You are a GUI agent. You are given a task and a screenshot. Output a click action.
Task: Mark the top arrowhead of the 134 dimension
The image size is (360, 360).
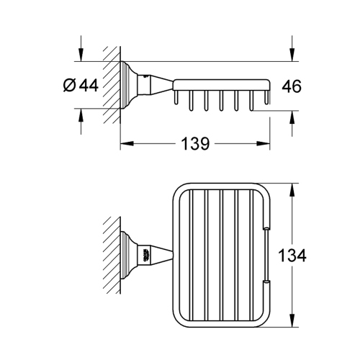(x=292, y=189)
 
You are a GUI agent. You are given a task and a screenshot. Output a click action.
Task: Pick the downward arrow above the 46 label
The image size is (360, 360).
(x=292, y=55)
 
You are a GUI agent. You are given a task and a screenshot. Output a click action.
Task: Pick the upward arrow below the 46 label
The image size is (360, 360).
(x=292, y=117)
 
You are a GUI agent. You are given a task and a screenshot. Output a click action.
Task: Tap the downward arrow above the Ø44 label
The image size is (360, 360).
(x=81, y=56)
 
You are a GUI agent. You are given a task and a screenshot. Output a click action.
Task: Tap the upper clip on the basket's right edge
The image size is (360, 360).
(x=266, y=229)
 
